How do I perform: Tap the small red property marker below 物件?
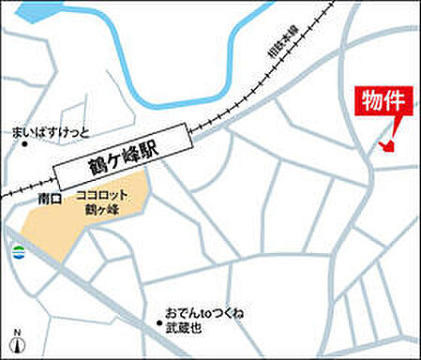(386, 144)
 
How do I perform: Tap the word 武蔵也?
(185, 328)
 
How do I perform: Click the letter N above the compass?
(16, 330)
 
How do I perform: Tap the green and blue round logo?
(18, 250)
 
